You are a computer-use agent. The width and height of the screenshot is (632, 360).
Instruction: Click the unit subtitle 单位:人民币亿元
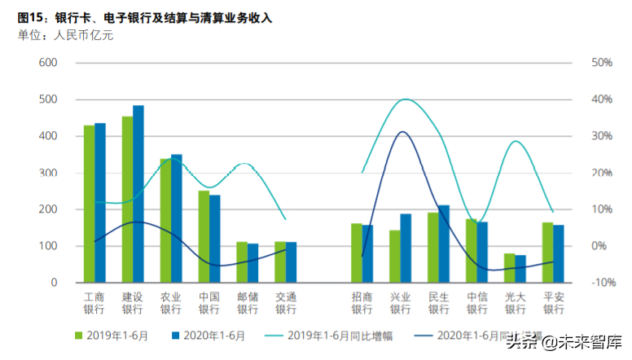coord(66,34)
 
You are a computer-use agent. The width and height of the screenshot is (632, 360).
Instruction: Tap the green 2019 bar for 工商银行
coord(89,204)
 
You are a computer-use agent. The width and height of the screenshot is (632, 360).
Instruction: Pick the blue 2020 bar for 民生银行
coord(444,244)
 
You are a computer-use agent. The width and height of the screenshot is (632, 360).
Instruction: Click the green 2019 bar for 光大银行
coord(510,268)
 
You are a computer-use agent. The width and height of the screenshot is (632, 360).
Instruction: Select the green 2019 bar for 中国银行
coord(204,236)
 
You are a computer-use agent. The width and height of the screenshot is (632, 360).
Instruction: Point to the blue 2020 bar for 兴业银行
coord(406,248)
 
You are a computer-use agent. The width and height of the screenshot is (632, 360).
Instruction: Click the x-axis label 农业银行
coord(171,303)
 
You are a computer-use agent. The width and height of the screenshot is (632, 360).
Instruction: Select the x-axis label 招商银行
coord(362,303)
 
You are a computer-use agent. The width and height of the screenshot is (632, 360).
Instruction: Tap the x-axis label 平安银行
coord(554,303)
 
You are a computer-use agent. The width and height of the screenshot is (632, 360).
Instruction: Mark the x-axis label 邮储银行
coord(248,303)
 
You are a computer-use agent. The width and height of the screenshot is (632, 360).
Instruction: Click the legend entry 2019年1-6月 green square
coord(79,335)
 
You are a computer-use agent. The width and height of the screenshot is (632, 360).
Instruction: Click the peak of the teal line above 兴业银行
coord(406,99)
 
